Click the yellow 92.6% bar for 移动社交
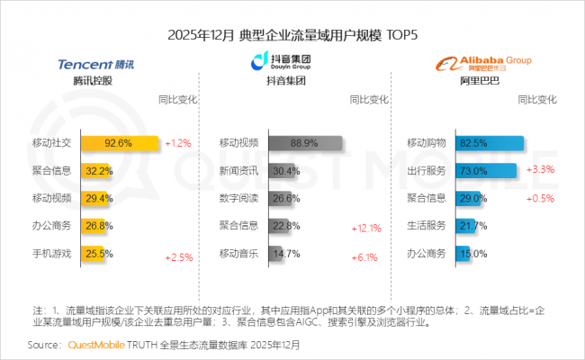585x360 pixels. [x=120, y=142]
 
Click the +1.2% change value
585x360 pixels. [x=178, y=142]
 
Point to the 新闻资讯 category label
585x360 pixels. [x=239, y=169]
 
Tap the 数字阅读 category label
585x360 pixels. [x=239, y=197]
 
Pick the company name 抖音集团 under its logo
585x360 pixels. [x=282, y=82]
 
